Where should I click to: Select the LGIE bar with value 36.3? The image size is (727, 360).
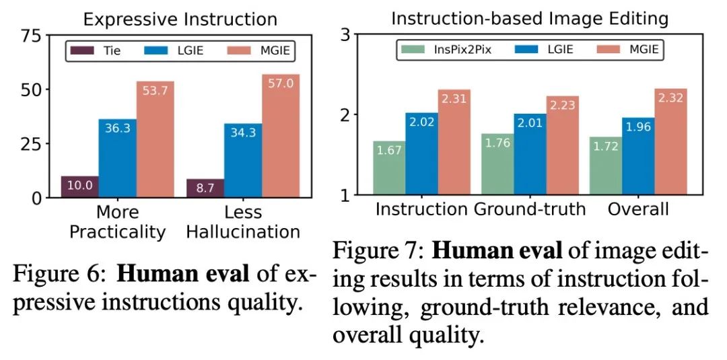pos(117,158)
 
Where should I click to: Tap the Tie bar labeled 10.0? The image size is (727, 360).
pos(79,186)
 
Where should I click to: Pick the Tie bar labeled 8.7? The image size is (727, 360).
pos(205,188)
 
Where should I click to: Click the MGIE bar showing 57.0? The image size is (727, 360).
pos(281,135)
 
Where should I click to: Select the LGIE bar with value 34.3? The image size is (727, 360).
pos(243,160)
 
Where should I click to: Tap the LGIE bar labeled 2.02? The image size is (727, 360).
pos(421,154)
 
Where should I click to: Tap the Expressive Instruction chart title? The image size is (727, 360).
pos(180,18)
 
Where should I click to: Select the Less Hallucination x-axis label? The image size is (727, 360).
pos(243,221)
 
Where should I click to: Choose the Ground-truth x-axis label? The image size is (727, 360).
pos(530,209)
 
